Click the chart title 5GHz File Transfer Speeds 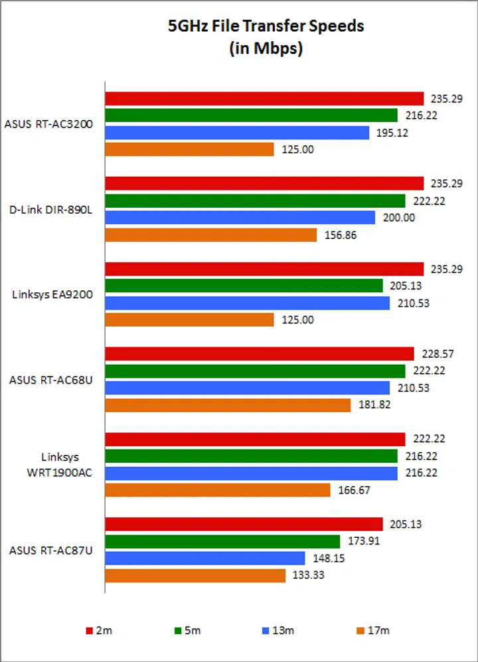coord(266,27)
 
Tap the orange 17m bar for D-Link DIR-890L coord(211,235)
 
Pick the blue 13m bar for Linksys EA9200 coord(248,303)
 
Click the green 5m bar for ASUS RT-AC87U coord(222,541)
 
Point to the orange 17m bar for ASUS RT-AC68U coord(228,405)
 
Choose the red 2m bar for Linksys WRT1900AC coord(255,439)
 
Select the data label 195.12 coord(391,133)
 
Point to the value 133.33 coord(308,575)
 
